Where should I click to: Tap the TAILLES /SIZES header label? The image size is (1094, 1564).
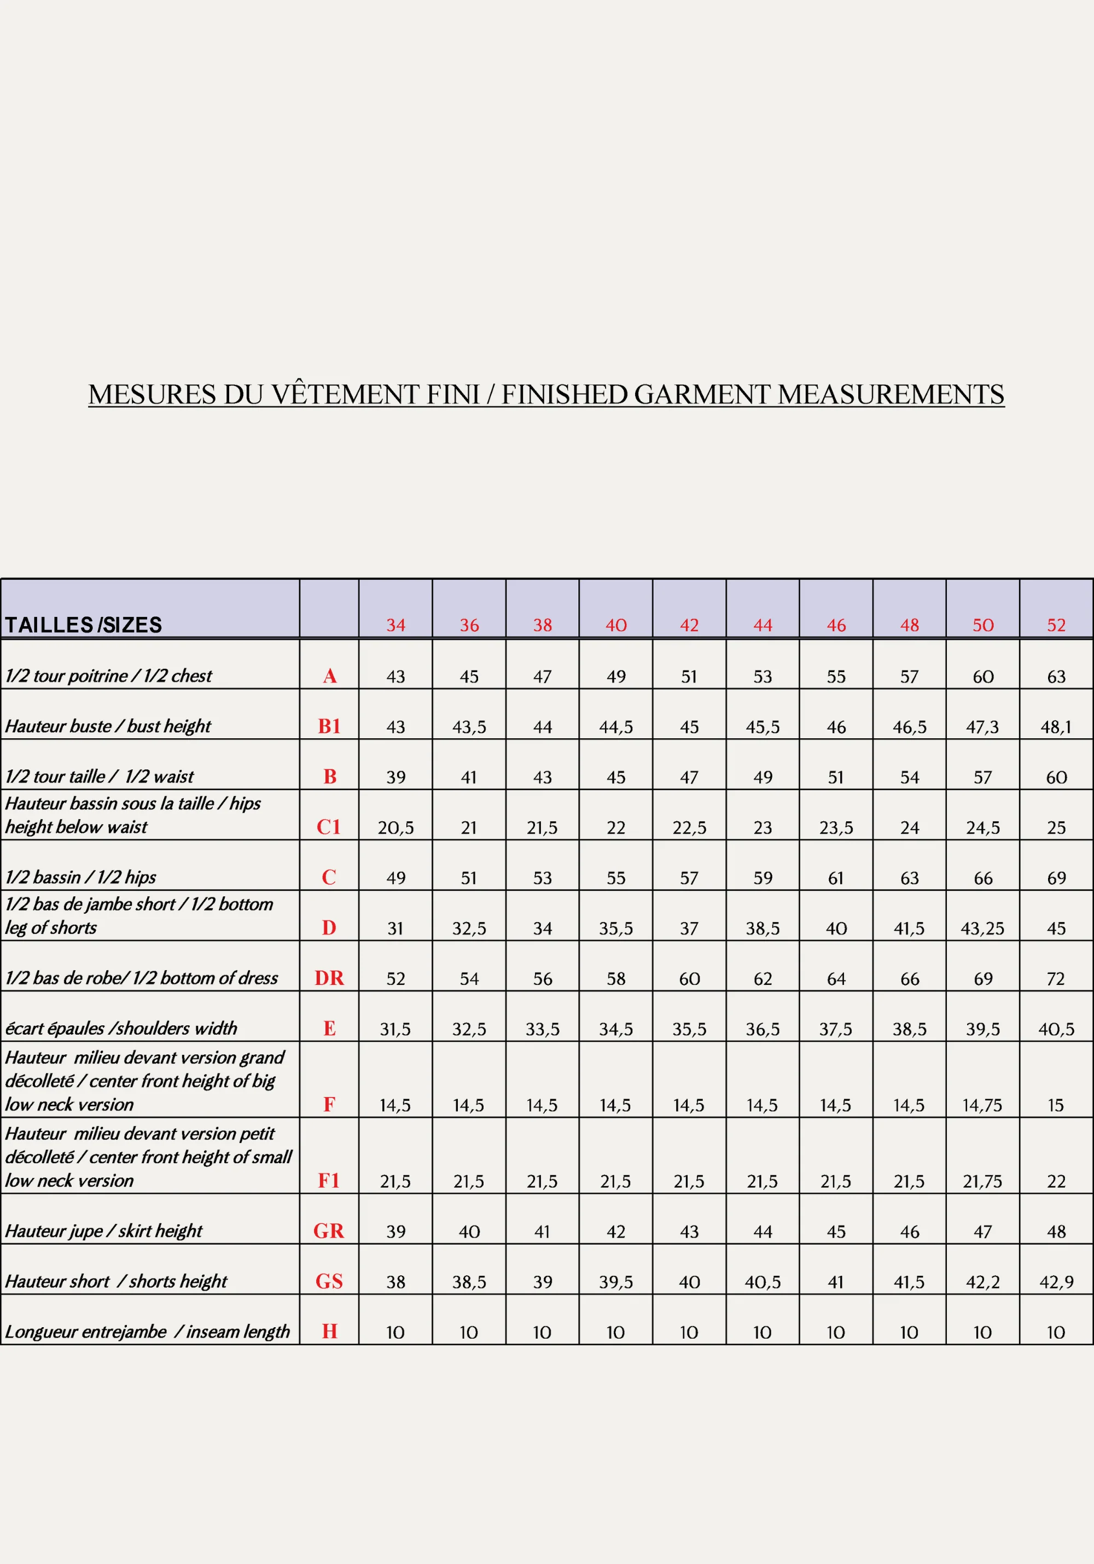tap(83, 625)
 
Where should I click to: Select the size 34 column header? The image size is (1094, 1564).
tap(396, 625)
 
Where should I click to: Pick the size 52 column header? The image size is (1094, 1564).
tap(1056, 625)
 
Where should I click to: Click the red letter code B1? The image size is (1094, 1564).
tap(329, 726)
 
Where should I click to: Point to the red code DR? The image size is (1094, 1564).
tap(329, 978)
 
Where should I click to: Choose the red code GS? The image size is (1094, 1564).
tap(329, 1281)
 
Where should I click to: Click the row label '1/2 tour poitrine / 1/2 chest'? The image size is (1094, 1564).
tap(109, 676)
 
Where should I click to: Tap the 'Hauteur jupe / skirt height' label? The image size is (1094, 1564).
tap(103, 1231)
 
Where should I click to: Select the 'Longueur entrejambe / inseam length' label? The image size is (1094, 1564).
tap(147, 1332)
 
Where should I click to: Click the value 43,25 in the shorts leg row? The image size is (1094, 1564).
tap(982, 929)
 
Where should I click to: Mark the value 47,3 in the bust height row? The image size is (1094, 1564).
tap(982, 727)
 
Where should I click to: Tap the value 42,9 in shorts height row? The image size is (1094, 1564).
tap(1056, 1282)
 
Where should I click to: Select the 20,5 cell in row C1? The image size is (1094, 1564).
tap(396, 827)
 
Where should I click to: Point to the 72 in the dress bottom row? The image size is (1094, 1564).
tap(1056, 979)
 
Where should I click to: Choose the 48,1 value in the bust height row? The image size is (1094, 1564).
tap(1056, 727)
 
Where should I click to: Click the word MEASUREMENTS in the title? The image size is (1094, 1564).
tap(891, 395)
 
